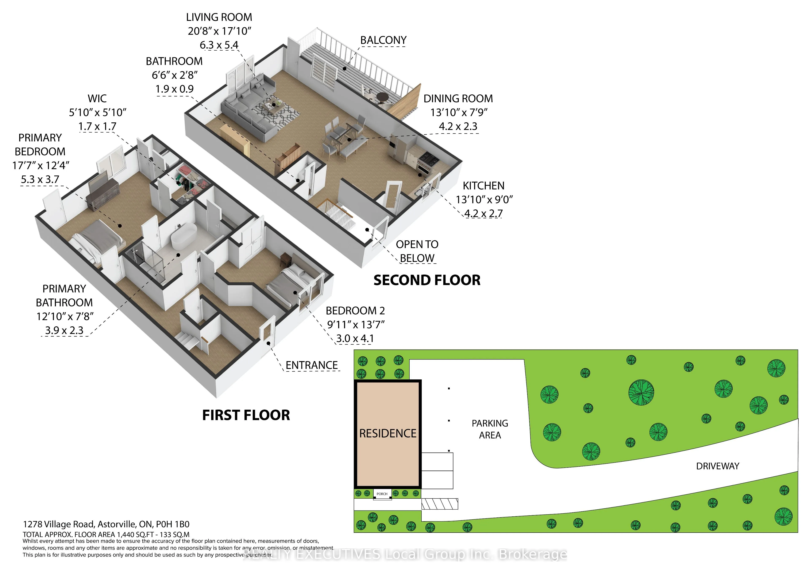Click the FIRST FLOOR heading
click(x=246, y=415)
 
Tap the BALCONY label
click(x=383, y=40)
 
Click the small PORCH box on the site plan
click(x=382, y=494)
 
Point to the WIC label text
click(x=97, y=99)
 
